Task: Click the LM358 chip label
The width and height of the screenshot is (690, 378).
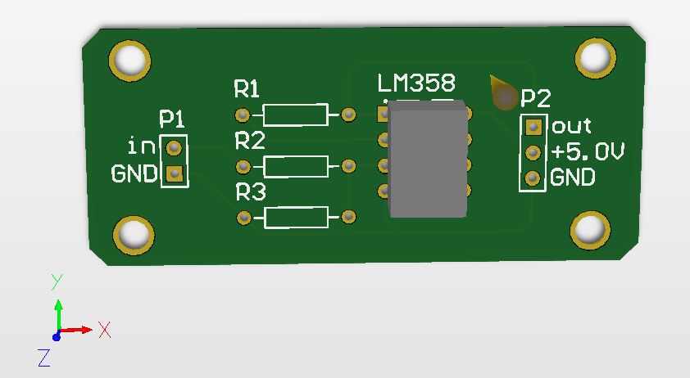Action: pyautogui.click(x=415, y=83)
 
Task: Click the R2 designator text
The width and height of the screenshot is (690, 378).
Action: pyautogui.click(x=250, y=141)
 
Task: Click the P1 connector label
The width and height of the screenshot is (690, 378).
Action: pyautogui.click(x=172, y=119)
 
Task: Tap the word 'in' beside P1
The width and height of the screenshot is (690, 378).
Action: pyautogui.click(x=142, y=147)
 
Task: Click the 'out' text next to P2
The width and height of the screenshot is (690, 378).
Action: pyautogui.click(x=571, y=127)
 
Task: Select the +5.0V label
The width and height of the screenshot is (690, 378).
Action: pyautogui.click(x=588, y=152)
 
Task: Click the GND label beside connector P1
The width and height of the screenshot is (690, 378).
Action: pyautogui.click(x=134, y=174)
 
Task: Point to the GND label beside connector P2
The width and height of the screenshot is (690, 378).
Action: pyautogui.click(x=572, y=178)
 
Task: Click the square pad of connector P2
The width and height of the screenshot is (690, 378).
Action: pyautogui.click(x=533, y=127)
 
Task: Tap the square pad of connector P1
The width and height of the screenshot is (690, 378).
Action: pyautogui.click(x=174, y=173)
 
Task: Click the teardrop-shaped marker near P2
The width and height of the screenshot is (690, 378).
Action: pyautogui.click(x=502, y=94)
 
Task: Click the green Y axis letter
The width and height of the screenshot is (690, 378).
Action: pyautogui.click(x=57, y=281)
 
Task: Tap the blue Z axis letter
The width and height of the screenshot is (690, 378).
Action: pyautogui.click(x=44, y=357)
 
